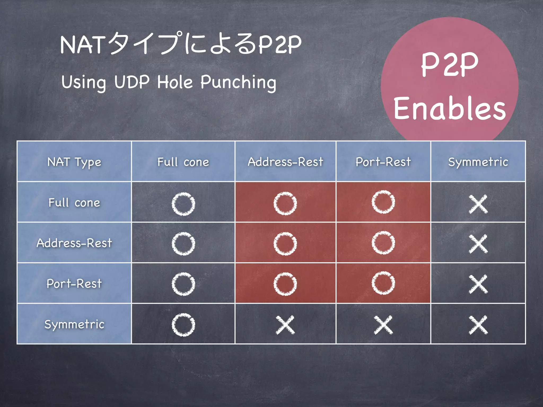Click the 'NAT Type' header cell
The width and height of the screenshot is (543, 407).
[74, 162]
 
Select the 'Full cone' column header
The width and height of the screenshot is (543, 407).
[183, 162]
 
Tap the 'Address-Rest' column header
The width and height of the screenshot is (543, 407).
[286, 162]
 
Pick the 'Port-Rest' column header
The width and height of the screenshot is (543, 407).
[383, 162]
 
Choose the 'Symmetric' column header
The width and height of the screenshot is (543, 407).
[478, 162]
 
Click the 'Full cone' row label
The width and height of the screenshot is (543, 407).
[74, 203]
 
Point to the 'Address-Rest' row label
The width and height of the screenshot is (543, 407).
[74, 243]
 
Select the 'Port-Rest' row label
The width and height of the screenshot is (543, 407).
[74, 284]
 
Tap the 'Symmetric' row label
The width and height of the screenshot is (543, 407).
[74, 324]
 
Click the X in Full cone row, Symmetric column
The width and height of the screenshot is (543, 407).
[478, 204]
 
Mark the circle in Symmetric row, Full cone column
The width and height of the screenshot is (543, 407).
[183, 325]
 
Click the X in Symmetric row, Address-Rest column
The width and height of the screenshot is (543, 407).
[285, 325]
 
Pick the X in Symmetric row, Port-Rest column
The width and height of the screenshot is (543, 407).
[383, 325]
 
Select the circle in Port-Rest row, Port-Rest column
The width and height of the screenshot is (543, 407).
[383, 283]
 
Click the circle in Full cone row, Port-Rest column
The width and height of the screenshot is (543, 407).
[383, 202]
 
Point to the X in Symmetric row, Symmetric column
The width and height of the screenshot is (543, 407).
[478, 325]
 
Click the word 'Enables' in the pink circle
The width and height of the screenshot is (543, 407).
[450, 108]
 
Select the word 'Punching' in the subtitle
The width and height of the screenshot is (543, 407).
[238, 82]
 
